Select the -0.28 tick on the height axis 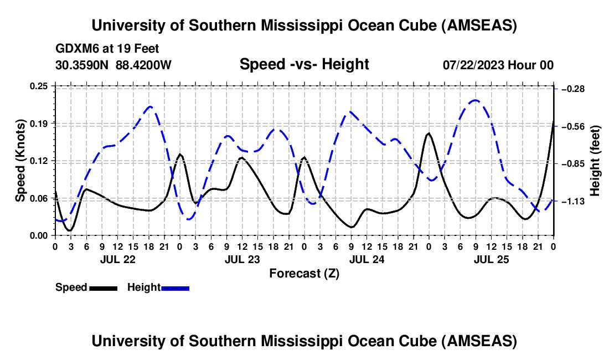pos(573,89)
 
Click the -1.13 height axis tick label pos(573,201)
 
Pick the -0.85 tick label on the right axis pos(573,164)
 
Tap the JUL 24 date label pos(367,259)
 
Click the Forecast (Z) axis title pos(304,273)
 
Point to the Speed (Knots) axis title pos(20,161)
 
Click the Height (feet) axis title pos(595,161)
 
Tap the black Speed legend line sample pos(103,288)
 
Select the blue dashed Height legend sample pos(176,288)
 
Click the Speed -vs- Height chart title pos(304,64)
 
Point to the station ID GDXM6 pos(75,49)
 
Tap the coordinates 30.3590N pos(82,65)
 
